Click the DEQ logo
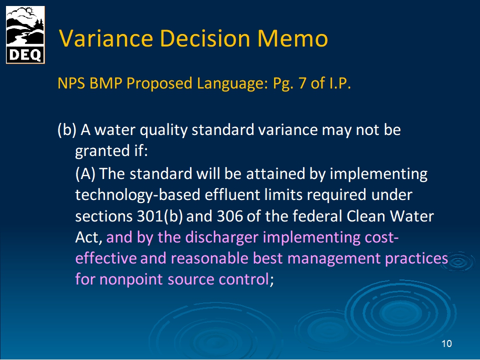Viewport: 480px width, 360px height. (x=25, y=35)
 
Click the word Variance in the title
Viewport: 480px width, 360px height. (x=106, y=38)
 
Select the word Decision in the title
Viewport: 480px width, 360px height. (x=205, y=38)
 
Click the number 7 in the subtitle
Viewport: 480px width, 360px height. (x=302, y=83)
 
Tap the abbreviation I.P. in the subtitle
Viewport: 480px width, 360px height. (x=340, y=83)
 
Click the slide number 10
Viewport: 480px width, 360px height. (x=446, y=343)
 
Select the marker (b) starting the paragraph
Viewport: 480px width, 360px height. (x=66, y=130)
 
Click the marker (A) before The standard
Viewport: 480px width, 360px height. (x=85, y=174)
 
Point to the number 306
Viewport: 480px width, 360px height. (x=230, y=216)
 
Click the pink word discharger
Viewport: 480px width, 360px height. (x=222, y=237)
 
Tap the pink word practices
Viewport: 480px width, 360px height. (x=416, y=258)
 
